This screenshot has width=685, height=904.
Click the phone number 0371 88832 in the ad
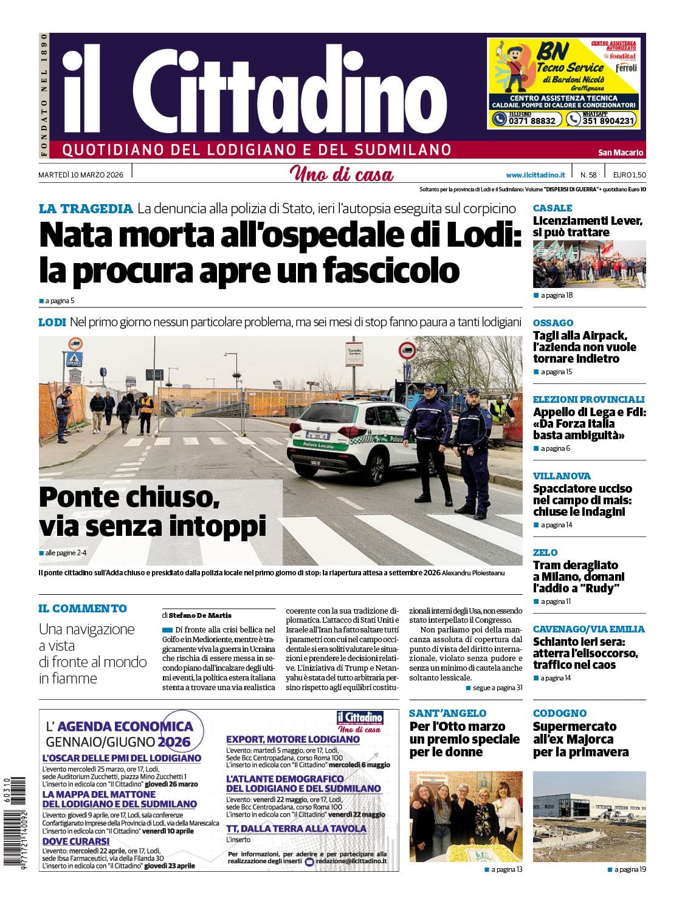[x=524, y=120]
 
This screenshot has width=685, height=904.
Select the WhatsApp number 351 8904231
[x=601, y=120]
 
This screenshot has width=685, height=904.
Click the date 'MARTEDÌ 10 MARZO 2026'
[x=81, y=175]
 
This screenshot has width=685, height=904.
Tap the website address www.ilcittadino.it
[x=535, y=175]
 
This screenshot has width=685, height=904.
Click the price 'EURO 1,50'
[x=629, y=175]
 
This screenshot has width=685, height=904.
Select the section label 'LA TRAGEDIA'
[x=86, y=208]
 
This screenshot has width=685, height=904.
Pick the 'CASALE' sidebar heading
[x=552, y=208]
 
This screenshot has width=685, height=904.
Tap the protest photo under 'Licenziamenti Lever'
[x=588, y=264]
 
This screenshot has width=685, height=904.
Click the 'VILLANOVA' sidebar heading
[x=562, y=476]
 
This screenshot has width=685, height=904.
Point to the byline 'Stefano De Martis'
[x=200, y=615]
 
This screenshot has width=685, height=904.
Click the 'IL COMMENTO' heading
[x=83, y=608]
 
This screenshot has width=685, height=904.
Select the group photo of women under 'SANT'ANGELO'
[x=465, y=817]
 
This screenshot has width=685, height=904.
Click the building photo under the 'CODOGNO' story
[x=588, y=817]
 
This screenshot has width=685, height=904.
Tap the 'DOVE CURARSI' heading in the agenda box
[x=76, y=841]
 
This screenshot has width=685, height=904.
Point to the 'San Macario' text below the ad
[x=620, y=152]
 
